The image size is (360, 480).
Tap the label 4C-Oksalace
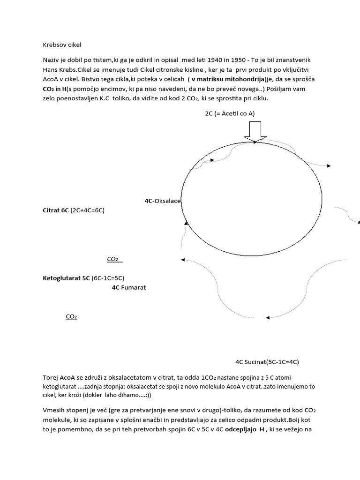(x=163, y=201)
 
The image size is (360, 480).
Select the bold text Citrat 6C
(x=56, y=210)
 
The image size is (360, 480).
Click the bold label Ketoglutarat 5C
(x=66, y=278)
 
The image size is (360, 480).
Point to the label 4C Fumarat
(x=129, y=287)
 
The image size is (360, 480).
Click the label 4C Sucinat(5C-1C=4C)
(x=267, y=362)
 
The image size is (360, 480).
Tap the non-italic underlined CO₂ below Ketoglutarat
(x=71, y=317)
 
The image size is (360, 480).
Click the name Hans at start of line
(x=51, y=70)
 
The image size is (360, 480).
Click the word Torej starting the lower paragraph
(x=51, y=377)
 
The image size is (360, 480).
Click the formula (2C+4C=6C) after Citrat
(x=88, y=210)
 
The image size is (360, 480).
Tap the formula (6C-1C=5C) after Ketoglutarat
(x=108, y=278)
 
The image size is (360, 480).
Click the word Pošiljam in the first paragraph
(x=282, y=89)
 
